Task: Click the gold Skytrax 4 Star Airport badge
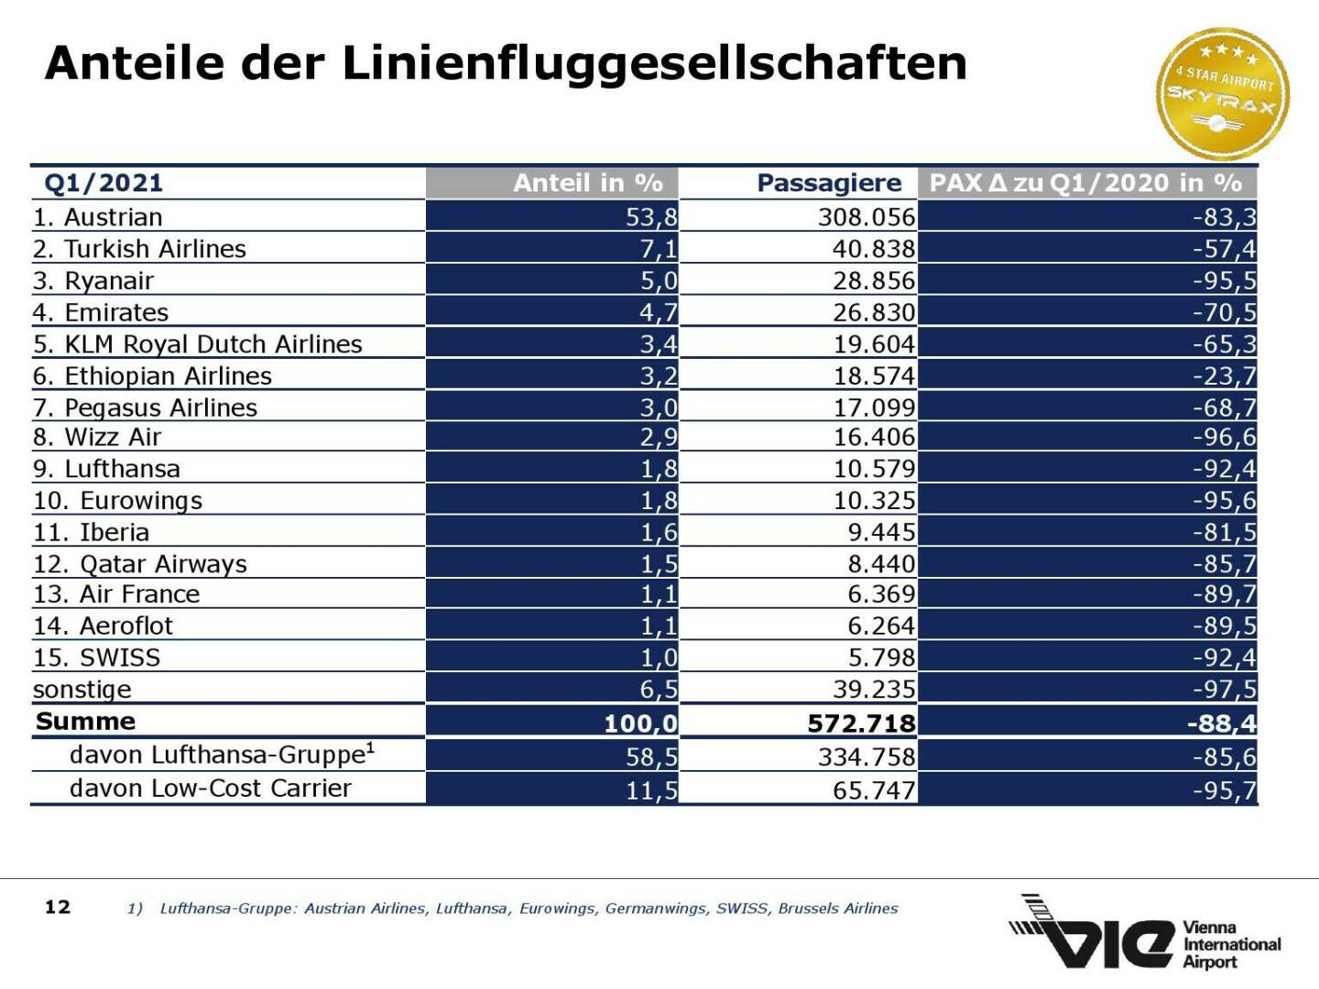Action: (x=1223, y=93)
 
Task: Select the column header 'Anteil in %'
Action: (x=587, y=183)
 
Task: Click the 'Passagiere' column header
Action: (x=829, y=183)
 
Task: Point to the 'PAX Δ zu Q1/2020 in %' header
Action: (x=1085, y=183)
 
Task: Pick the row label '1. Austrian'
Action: (x=98, y=217)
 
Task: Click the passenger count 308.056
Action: (x=866, y=217)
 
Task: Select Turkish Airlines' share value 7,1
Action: (x=659, y=249)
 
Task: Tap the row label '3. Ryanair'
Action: (x=93, y=281)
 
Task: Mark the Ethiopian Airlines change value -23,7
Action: (x=1224, y=376)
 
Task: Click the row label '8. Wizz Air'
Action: (x=97, y=438)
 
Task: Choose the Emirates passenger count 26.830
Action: (x=874, y=313)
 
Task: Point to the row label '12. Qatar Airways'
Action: (x=140, y=564)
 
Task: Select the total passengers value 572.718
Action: (x=861, y=723)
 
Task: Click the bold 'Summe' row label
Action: (x=85, y=722)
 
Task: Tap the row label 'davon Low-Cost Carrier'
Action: (x=210, y=788)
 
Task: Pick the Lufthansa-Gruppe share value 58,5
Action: (x=651, y=757)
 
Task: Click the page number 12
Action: (x=58, y=907)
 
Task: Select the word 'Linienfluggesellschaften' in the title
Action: (x=655, y=64)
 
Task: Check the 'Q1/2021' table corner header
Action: (x=104, y=183)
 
